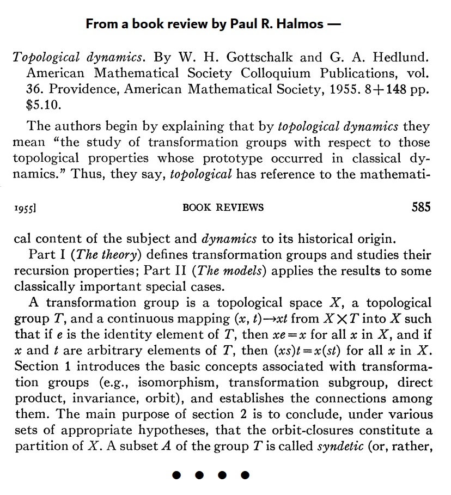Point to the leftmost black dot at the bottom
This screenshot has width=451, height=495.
pos(176,475)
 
